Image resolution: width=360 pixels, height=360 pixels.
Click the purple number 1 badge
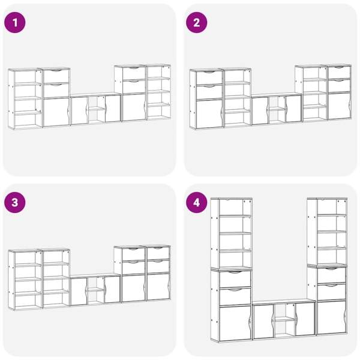point(15,23)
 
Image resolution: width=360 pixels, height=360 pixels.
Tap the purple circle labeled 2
point(197,23)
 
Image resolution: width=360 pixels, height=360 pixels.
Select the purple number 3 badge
point(15,203)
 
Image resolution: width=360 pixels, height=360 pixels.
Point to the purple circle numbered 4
point(197,203)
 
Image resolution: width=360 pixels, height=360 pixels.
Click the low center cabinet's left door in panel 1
point(79,110)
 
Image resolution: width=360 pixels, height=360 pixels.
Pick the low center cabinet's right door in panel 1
point(113,109)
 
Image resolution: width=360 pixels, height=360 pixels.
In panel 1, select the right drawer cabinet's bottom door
point(134,107)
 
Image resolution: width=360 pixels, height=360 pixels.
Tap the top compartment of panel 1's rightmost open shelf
point(158,72)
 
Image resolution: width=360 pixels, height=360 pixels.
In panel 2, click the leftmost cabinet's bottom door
point(209,114)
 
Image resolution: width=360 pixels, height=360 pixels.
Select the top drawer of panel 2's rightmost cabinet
point(340,73)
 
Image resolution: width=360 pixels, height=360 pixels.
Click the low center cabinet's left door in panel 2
point(260,110)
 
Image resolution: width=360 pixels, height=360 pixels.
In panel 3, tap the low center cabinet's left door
point(79,292)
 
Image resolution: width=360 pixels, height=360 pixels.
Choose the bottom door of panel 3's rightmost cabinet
point(158,287)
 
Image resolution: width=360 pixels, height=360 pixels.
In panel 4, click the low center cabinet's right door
point(305,319)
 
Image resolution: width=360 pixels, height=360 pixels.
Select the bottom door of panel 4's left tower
point(235,323)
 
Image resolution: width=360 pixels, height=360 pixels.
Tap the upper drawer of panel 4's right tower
point(332,275)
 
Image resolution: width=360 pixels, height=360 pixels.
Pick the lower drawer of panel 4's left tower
point(235,296)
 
